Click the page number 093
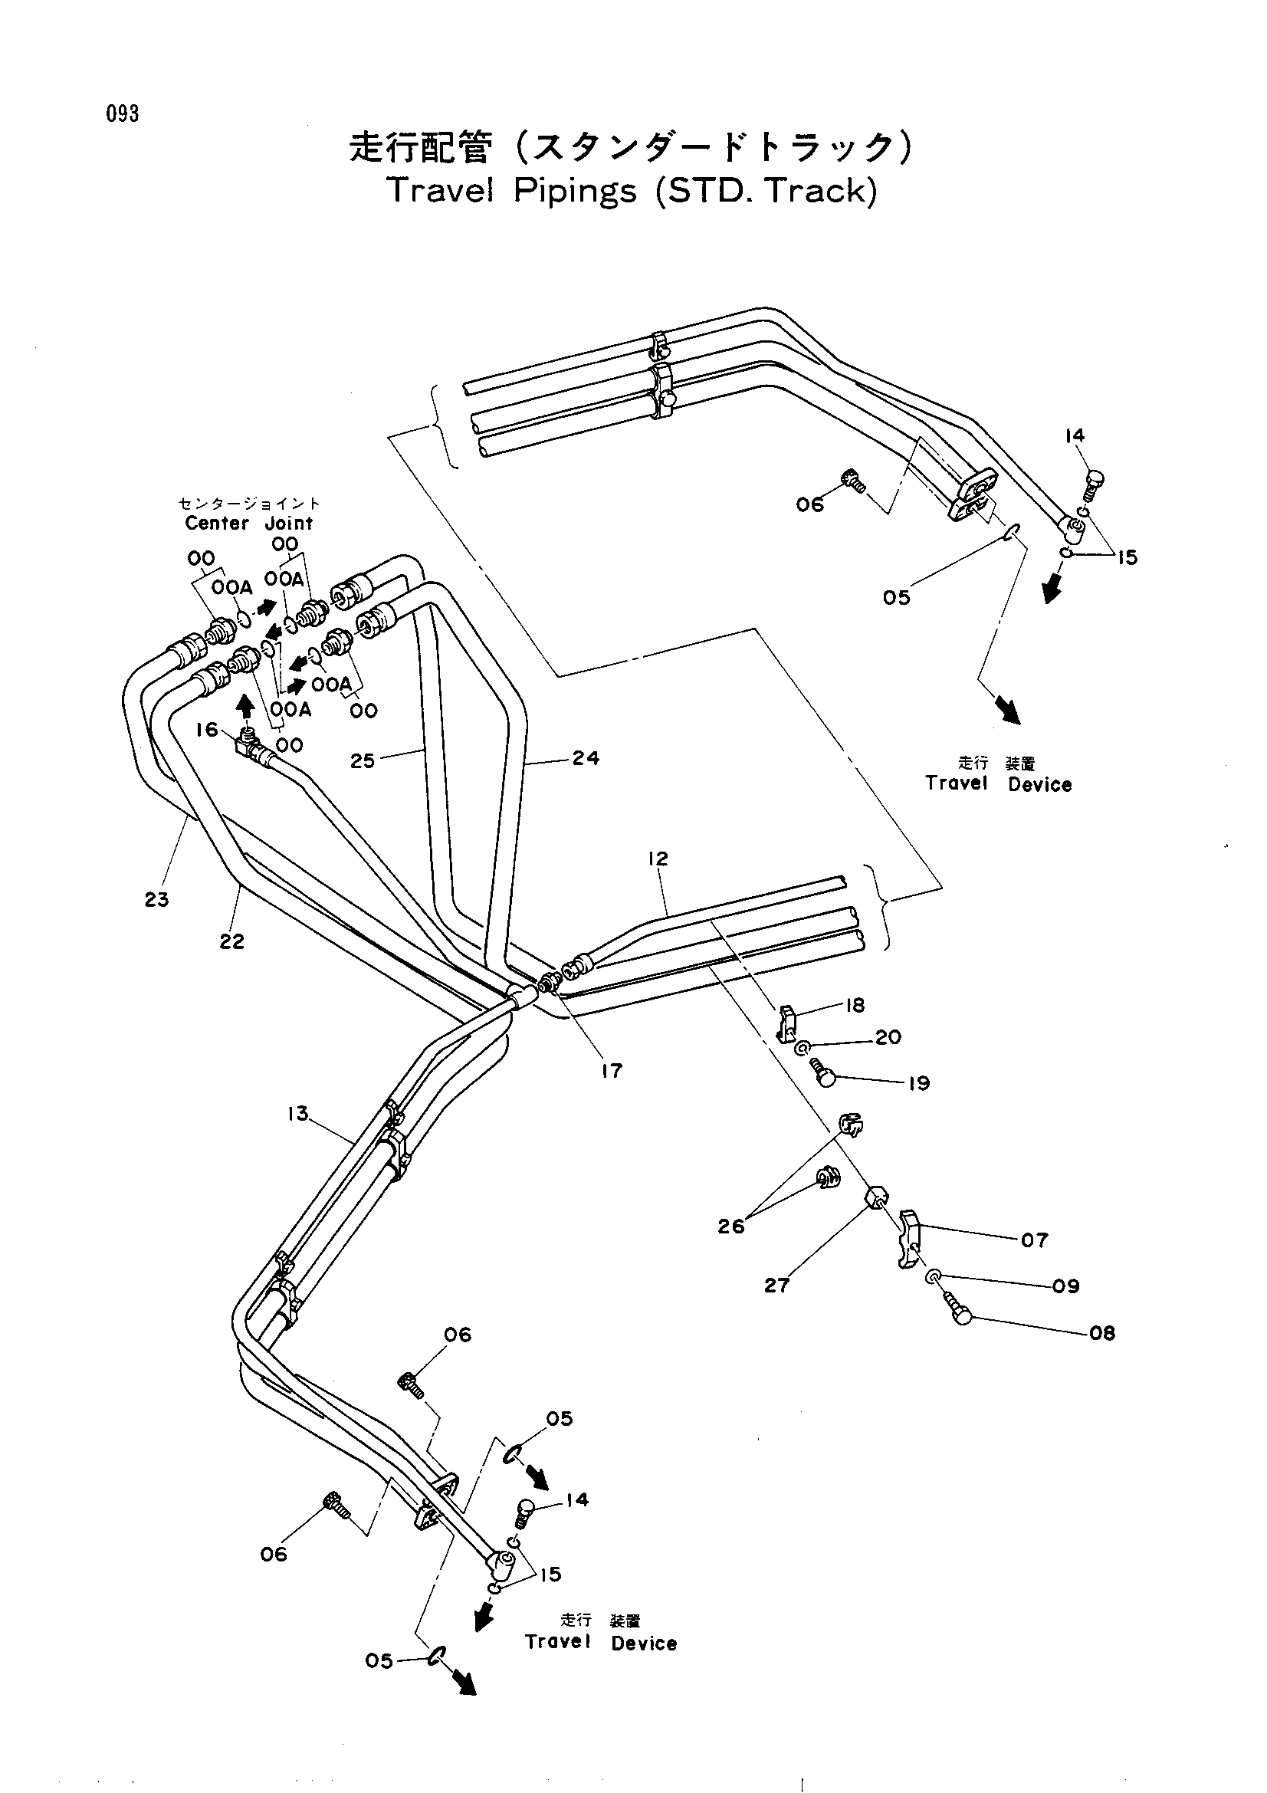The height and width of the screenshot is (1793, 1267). pos(123,114)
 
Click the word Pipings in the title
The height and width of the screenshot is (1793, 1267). pos(575,192)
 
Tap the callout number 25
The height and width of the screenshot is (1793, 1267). pos(363,760)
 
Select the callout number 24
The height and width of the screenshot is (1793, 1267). pos(586,757)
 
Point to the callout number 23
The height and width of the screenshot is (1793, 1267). pos(156,900)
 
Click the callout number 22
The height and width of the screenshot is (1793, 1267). pos(231,942)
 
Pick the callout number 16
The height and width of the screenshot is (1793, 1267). pos(207,729)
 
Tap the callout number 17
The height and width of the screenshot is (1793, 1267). pos(611,1071)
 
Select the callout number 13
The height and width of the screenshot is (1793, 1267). pos(297,1114)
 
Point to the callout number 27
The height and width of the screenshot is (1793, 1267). pos(776,1286)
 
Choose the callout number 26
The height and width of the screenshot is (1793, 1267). pos(731,1227)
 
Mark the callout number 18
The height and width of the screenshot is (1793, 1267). pos(855,1005)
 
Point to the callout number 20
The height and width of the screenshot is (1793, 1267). pos(888,1037)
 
